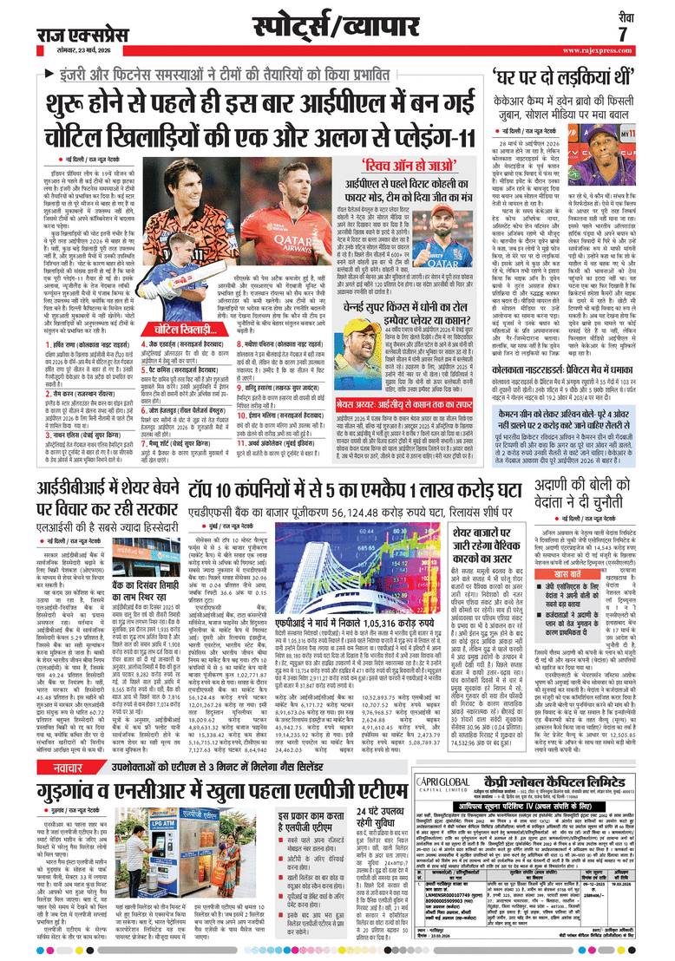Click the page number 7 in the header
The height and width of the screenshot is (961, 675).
622,34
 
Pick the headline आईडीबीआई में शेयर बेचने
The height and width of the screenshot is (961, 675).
114,492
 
